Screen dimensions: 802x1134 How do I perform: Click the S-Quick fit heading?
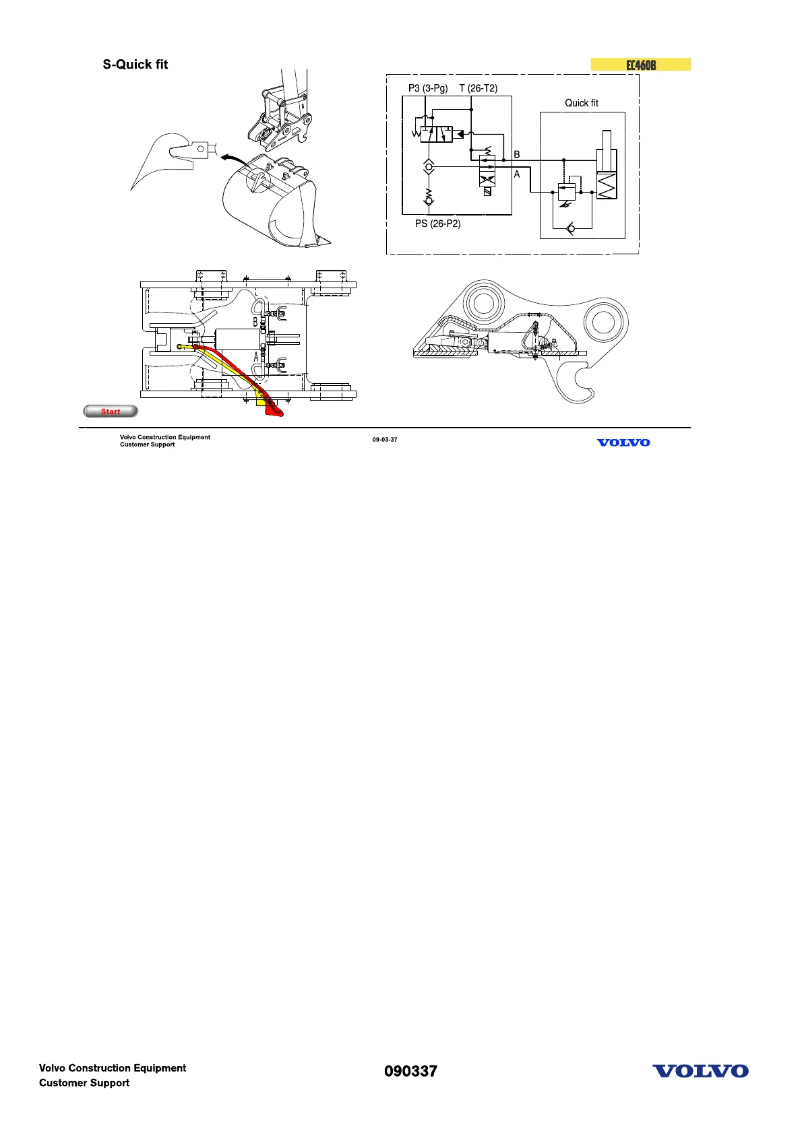click(135, 65)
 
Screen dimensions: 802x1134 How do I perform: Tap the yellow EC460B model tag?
click(640, 65)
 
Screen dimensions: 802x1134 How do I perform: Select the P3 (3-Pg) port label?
click(428, 88)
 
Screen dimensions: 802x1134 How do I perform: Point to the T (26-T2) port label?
click(479, 88)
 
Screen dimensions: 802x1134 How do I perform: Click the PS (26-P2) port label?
click(438, 224)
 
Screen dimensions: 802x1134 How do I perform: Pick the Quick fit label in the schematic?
click(582, 103)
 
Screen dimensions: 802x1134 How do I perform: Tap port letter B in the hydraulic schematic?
click(517, 154)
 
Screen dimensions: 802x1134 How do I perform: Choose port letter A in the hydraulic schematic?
click(517, 174)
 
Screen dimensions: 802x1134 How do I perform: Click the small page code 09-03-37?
click(385, 440)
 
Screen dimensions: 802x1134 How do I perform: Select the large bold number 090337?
click(410, 1071)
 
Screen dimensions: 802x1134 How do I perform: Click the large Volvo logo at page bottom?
click(700, 1071)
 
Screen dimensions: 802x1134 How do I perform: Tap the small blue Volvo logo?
click(623, 442)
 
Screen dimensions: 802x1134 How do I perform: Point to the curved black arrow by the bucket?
click(233, 157)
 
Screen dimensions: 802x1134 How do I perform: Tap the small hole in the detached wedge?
click(200, 147)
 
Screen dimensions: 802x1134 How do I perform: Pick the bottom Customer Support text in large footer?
click(84, 1083)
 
